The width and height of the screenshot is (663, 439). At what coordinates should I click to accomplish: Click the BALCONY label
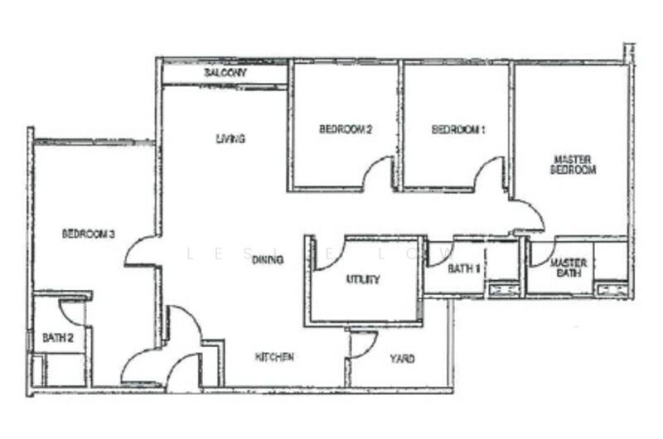point(225,73)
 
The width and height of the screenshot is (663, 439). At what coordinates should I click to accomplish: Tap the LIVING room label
point(230,138)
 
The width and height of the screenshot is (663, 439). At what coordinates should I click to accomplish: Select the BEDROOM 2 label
point(346,129)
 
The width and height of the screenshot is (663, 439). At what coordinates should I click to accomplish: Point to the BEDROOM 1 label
point(458,129)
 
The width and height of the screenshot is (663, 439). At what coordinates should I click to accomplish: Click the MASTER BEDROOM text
point(573,165)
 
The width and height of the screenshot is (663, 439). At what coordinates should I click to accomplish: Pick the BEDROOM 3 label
point(89,234)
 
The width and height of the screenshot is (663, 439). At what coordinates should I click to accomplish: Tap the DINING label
point(268,259)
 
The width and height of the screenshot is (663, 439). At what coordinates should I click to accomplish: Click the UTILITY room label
point(363,279)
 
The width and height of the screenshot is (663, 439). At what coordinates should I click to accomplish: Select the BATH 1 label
point(464,268)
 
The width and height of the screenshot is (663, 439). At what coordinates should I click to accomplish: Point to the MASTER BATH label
point(569,268)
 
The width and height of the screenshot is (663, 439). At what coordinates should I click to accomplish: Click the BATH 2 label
point(58,338)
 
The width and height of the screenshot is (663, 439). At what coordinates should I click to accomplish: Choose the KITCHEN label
point(274,357)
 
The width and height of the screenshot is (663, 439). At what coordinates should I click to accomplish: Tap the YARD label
point(402,359)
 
